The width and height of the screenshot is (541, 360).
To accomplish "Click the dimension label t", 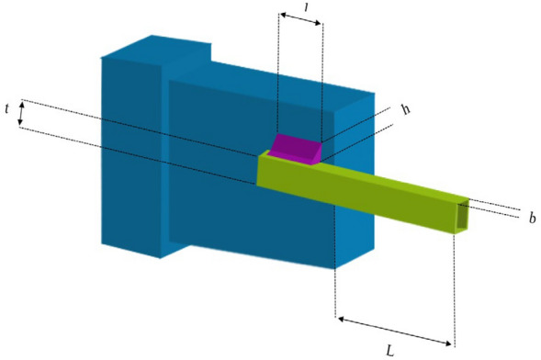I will (x=7, y=109).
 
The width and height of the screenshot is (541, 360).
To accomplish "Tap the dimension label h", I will (x=404, y=109).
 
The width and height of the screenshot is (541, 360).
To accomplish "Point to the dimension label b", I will (x=531, y=218).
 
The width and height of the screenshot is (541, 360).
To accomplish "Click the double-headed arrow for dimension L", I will (x=396, y=332).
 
